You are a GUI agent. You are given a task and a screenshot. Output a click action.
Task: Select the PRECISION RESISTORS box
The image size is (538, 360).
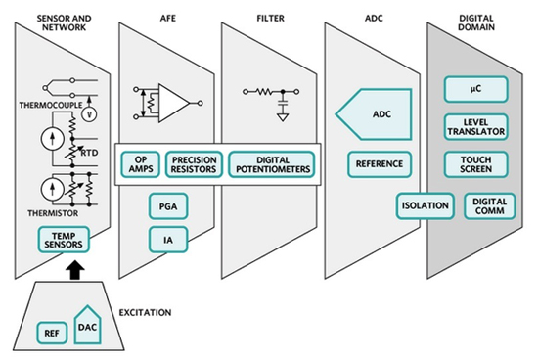[x=195, y=162]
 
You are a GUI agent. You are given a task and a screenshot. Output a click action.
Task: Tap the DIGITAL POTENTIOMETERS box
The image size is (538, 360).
[x=273, y=162]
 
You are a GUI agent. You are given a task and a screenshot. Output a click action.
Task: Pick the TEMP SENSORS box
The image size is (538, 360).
[x=61, y=239]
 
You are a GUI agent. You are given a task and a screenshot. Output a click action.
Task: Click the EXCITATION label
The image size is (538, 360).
[x=145, y=313]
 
